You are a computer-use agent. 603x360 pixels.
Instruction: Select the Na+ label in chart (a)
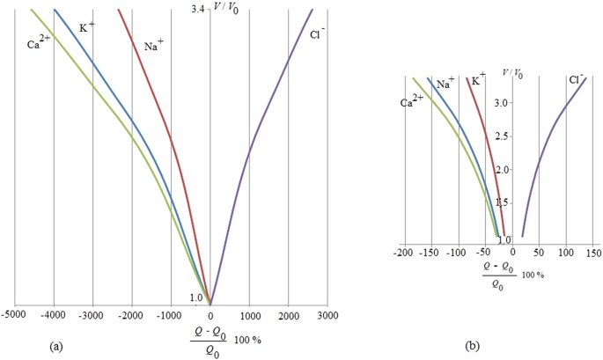tap(156, 46)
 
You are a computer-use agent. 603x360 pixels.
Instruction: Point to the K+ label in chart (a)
tap(87, 27)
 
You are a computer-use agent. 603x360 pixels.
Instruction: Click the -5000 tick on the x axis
tap(14, 314)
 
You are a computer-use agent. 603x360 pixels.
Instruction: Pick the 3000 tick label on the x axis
tap(327, 314)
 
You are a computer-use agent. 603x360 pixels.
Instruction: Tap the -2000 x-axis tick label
tap(132, 314)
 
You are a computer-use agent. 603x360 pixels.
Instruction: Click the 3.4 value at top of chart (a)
tap(198, 10)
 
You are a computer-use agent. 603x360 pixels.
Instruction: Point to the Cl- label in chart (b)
tap(576, 80)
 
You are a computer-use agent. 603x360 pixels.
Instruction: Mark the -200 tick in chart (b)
tap(405, 253)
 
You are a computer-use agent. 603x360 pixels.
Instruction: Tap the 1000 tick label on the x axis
tap(249, 314)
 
